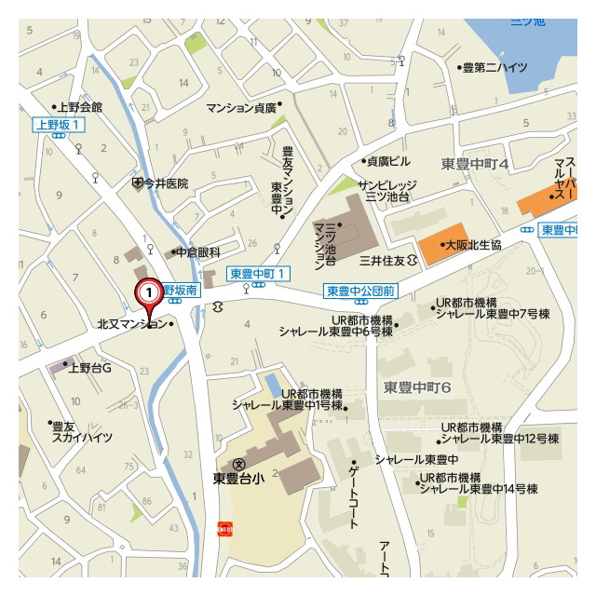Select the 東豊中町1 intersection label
(260, 273)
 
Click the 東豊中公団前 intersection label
(360, 291)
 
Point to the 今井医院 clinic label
(165, 183)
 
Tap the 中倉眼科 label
(199, 251)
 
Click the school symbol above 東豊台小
(239, 464)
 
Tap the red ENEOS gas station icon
(224, 528)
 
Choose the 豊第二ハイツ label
(495, 67)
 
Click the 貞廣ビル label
(387, 160)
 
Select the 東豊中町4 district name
(475, 164)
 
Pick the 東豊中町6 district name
(417, 386)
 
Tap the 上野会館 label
(79, 107)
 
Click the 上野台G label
(89, 368)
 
